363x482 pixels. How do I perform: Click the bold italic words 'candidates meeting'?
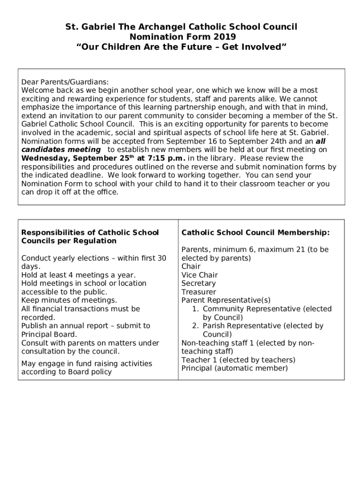click(x=61, y=150)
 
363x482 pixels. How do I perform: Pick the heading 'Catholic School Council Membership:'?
click(x=256, y=233)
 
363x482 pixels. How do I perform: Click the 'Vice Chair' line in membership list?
click(x=199, y=275)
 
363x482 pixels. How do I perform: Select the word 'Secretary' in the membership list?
click(x=198, y=283)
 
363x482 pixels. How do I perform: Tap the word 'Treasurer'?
click(x=198, y=292)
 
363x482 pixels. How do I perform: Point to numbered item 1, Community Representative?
click(x=267, y=309)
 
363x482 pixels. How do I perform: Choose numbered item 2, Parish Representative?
click(x=263, y=326)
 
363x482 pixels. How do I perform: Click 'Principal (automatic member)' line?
click(x=234, y=369)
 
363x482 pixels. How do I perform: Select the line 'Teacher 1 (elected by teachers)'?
click(x=238, y=360)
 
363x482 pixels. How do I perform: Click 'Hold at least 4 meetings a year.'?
click(x=78, y=275)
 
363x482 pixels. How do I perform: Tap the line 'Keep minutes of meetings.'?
click(x=69, y=300)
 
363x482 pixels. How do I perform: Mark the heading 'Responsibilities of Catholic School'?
click(x=90, y=233)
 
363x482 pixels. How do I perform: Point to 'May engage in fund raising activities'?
click(x=87, y=363)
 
